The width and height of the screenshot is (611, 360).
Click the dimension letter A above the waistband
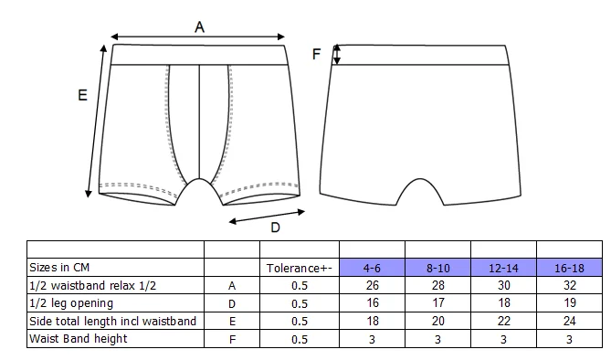[x=199, y=27]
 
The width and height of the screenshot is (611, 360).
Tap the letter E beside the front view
[x=82, y=95]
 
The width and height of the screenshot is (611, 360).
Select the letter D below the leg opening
[x=275, y=228]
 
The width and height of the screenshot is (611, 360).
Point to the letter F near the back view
[x=316, y=54]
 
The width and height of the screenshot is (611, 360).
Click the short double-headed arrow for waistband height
[x=337, y=54]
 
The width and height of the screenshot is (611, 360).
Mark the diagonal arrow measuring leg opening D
[x=267, y=217]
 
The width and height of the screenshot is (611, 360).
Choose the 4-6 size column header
[x=372, y=269]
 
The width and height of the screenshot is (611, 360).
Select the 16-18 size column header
[x=569, y=269]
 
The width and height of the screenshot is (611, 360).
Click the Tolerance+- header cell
[x=300, y=269]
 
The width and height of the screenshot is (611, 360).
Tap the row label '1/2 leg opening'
[x=71, y=303]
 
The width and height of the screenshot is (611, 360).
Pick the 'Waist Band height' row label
[x=79, y=339]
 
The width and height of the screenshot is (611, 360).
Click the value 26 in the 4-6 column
[x=372, y=285]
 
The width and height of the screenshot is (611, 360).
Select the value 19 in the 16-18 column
[x=569, y=303]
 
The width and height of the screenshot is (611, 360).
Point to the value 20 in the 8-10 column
[x=438, y=321]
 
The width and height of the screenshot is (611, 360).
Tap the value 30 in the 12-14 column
[x=504, y=285]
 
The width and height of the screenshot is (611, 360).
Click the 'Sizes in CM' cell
[x=59, y=268]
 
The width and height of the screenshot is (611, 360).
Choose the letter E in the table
[x=232, y=322]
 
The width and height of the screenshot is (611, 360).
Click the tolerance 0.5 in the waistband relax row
[x=300, y=286]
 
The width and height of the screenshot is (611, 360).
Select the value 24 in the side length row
[x=569, y=321]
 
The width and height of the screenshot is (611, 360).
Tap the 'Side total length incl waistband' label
[x=112, y=321]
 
